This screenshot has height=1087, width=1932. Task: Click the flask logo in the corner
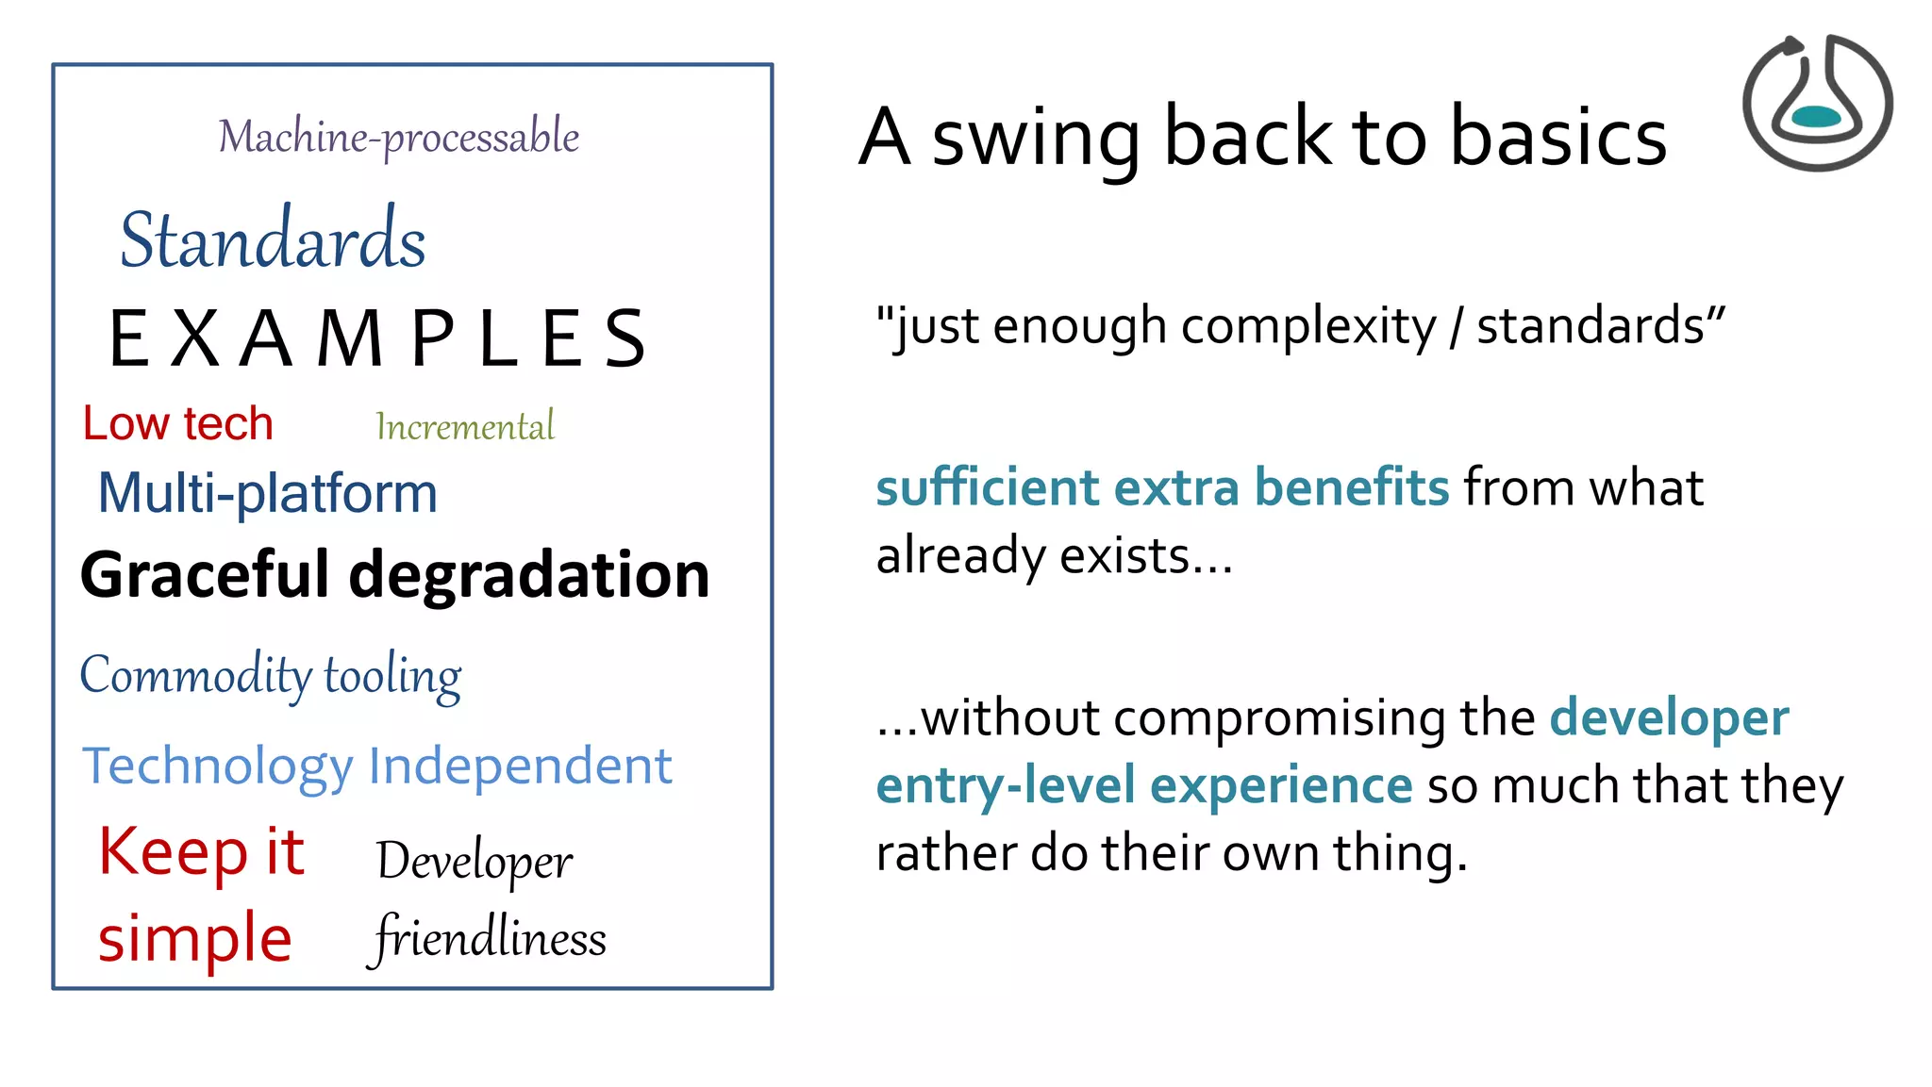tap(1817, 103)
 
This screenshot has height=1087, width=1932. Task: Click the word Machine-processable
tap(399, 138)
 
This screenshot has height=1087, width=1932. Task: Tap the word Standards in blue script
tap(273, 239)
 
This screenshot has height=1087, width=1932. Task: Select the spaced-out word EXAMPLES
tap(377, 338)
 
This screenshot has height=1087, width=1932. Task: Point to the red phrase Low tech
tap(177, 423)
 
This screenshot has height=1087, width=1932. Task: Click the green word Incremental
tap(465, 427)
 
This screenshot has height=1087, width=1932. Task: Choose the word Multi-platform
tap(268, 493)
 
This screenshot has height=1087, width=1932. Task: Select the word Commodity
tap(196, 675)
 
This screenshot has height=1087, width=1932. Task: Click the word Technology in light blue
tap(218, 766)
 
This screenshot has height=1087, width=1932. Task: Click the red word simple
tap(195, 939)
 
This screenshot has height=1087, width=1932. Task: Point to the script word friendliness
tap(489, 938)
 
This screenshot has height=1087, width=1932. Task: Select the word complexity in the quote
tap(1308, 327)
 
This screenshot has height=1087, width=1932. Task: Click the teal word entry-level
tap(1006, 785)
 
